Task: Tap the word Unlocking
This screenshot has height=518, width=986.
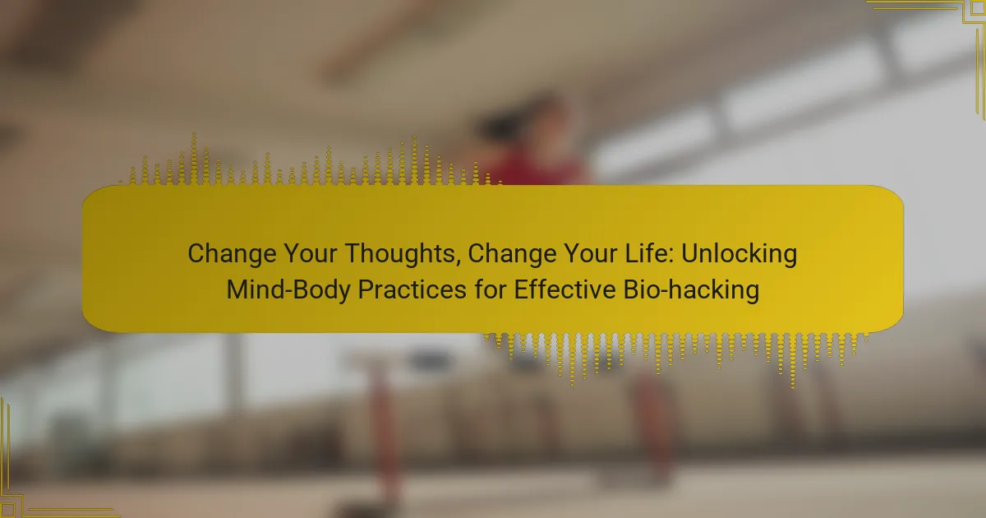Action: tap(739, 254)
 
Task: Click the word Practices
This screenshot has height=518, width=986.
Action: tap(412, 289)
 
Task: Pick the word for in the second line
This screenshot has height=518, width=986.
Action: tap(490, 289)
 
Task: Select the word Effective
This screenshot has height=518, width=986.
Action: tap(564, 289)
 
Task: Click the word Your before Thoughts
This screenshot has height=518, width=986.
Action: tap(311, 253)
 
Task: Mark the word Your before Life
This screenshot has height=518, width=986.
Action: tap(590, 253)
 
